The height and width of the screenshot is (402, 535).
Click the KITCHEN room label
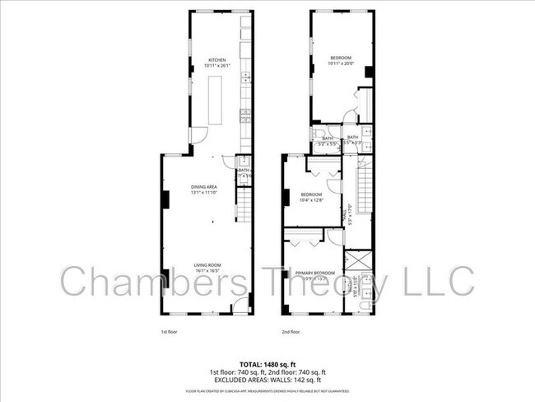216,61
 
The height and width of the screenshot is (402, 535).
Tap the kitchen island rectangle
216,100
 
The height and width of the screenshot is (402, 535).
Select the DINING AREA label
204,189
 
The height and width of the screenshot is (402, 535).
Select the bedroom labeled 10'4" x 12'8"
311,197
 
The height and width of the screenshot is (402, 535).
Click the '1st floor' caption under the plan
169,331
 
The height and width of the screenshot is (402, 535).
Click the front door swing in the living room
239,306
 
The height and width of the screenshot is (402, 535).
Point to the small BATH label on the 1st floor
244,171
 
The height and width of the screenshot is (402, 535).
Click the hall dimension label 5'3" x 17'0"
351,217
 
